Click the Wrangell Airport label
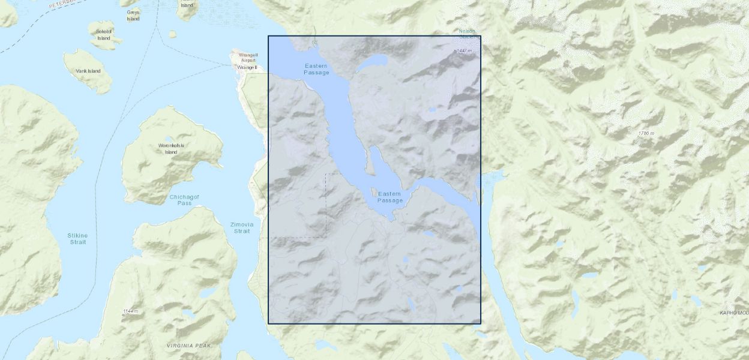pos(248,57)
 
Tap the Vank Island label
pos(88,71)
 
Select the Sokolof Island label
pos(104,34)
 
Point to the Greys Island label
pos(133,15)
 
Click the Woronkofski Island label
pos(172,148)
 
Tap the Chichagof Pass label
pos(184,200)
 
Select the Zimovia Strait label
pos(242,227)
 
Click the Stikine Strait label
pos(78,238)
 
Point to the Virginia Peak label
pos(188,346)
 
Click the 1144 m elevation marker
pos(130,311)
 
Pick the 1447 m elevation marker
pos(463,51)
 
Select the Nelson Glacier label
pos(467,34)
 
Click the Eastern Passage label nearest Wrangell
pos(316,69)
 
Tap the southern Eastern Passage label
pos(390,197)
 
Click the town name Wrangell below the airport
pos(247,67)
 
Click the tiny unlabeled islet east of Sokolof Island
pos(172,34)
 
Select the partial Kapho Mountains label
pos(734,313)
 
